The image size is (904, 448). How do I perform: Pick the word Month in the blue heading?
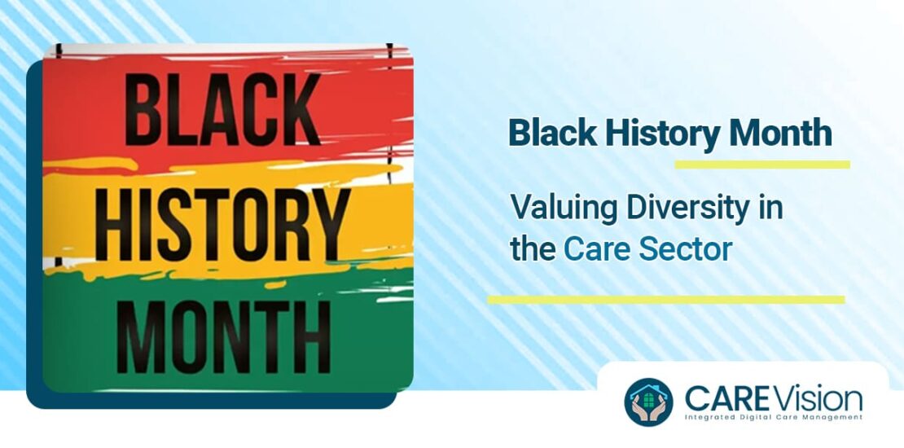(x=782, y=133)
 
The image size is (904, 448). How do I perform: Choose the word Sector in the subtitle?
(x=686, y=249)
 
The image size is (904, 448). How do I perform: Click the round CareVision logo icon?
(x=649, y=402)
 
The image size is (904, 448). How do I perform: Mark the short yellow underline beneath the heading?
(x=761, y=165)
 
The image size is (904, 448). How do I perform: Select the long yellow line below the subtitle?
(x=665, y=300)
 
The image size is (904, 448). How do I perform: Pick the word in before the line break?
(x=770, y=209)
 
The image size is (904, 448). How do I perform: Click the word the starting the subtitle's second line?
(x=533, y=249)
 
